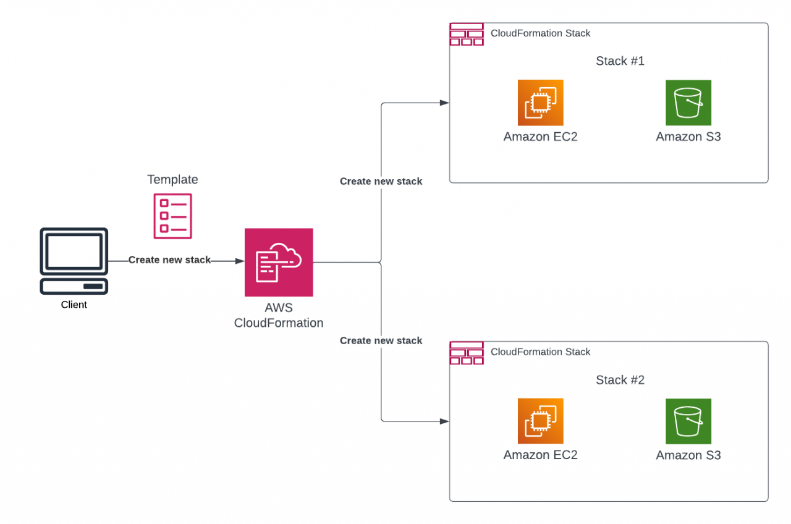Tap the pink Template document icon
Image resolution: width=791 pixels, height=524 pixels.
172,216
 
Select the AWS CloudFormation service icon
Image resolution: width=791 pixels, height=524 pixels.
279,263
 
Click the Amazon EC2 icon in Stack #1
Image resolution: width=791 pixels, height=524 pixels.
541,103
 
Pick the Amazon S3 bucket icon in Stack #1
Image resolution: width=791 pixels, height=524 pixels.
688,103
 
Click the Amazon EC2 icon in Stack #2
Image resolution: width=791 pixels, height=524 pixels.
541,421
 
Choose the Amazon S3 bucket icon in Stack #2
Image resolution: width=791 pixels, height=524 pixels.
688,421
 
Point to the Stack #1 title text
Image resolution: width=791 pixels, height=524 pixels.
620,61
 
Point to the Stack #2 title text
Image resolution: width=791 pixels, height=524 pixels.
620,380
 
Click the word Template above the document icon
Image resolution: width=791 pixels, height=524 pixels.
172,180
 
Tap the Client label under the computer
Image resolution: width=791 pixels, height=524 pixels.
74,305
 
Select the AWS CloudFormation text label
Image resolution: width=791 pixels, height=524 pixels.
279,315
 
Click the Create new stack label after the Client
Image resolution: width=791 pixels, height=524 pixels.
170,260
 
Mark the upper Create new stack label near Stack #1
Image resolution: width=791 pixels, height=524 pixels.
381,182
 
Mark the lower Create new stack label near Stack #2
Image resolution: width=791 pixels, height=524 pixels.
381,341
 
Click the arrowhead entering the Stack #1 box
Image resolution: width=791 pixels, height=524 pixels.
444,103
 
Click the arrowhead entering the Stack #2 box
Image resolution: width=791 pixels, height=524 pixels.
444,421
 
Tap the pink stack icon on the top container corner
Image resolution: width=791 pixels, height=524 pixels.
467,34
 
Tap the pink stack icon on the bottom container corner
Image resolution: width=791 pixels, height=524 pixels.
467,353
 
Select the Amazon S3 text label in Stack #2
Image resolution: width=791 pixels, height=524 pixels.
688,455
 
